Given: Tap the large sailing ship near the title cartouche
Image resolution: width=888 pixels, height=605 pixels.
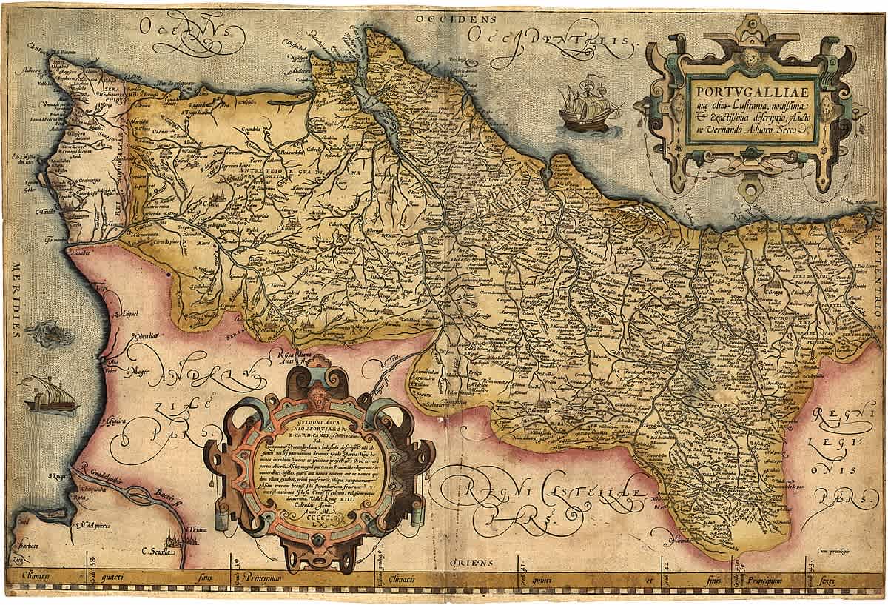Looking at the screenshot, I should tap(588, 104).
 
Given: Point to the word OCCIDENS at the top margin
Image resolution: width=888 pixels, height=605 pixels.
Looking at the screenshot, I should tap(444, 16).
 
